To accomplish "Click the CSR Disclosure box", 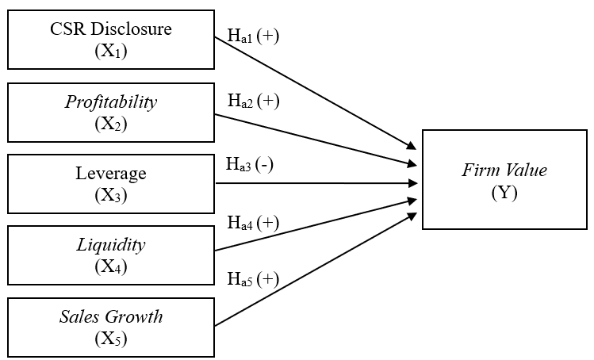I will click(x=111, y=39).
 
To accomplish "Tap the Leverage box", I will click(x=111, y=183).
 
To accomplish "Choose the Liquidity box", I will click(x=111, y=255).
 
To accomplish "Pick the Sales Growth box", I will click(x=111, y=327).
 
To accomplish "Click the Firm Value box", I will click(x=505, y=180).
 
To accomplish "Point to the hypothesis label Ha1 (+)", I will click(x=253, y=36).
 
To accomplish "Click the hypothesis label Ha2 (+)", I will click(x=253, y=101).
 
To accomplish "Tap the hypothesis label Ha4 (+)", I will click(x=253, y=223).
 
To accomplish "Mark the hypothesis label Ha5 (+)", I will click(x=253, y=279).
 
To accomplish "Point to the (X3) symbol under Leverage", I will click(x=111, y=194).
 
